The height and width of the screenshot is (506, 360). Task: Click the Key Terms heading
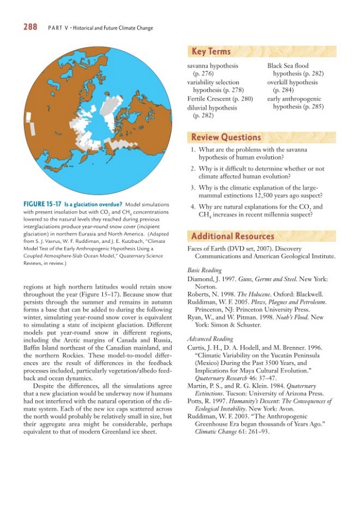click(x=211, y=52)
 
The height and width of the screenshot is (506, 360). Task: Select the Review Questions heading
click(x=226, y=137)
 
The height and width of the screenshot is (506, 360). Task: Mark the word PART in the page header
click(x=55, y=28)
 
